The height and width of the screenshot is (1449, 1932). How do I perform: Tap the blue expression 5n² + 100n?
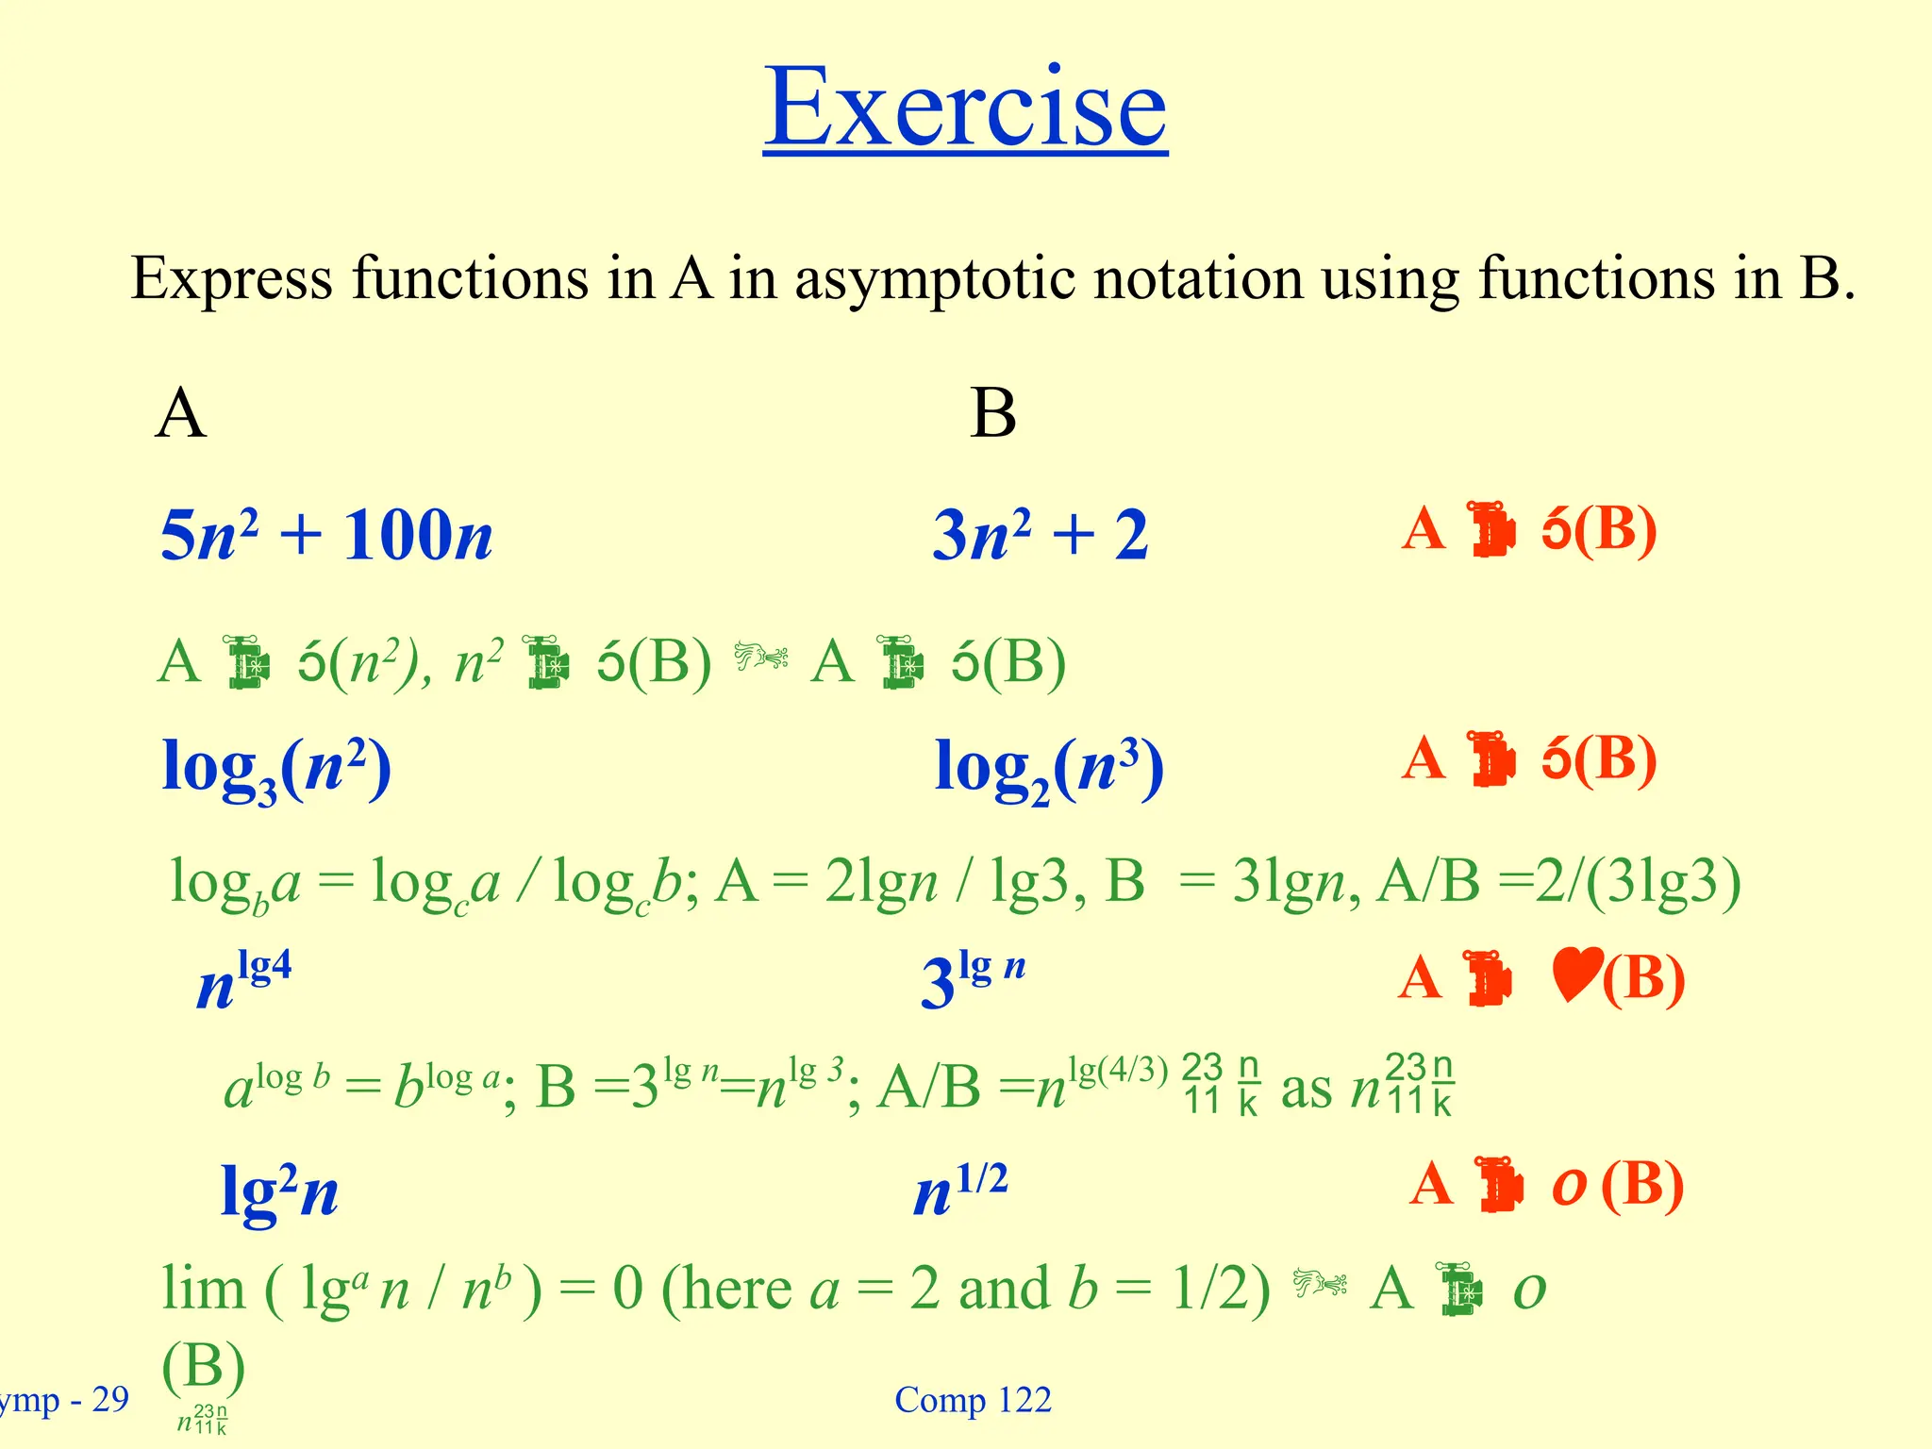pyautogui.click(x=326, y=534)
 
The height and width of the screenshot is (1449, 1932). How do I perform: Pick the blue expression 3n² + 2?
pyautogui.click(x=1040, y=534)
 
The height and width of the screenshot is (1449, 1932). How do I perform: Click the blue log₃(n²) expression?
pyautogui.click(x=276, y=768)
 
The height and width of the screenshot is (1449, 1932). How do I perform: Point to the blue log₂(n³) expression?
pyautogui.click(x=1049, y=768)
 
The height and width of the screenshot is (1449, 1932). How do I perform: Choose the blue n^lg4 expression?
pyautogui.click(x=244, y=981)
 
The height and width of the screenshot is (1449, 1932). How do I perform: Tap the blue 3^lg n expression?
pyautogui.click(x=972, y=981)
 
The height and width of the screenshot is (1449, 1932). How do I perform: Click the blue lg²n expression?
pyautogui.click(x=279, y=1191)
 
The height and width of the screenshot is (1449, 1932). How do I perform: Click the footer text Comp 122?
pyautogui.click(x=973, y=1400)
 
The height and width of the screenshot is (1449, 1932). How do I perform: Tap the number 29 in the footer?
pyautogui.click(x=110, y=1400)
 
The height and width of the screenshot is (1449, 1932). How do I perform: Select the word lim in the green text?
pyautogui.click(x=203, y=1289)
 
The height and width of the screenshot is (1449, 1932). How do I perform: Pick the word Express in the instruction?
pyautogui.click(x=232, y=279)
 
